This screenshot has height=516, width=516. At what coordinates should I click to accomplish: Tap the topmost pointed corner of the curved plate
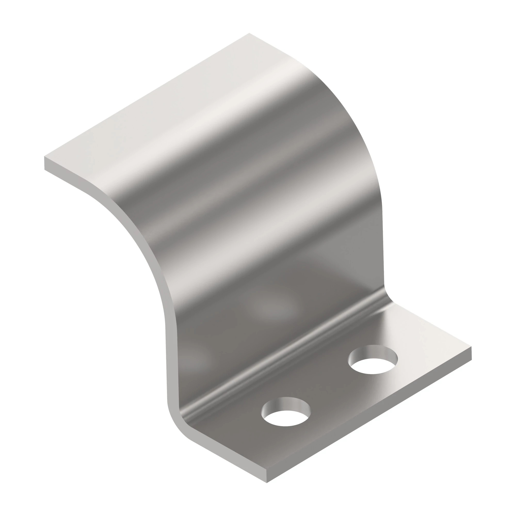pos(249,33)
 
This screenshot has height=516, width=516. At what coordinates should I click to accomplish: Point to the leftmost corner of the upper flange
pos(45,157)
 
